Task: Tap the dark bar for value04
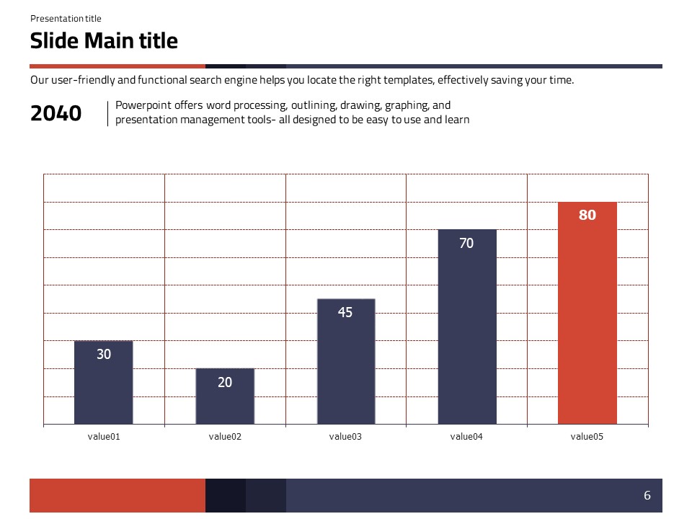tap(467, 339)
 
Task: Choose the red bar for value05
tap(587, 324)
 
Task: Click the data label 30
tap(104, 354)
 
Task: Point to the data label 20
tap(225, 382)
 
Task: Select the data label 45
tap(345, 313)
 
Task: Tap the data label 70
tap(466, 244)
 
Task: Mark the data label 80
tap(587, 215)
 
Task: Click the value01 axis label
tap(104, 436)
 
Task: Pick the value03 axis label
tap(345, 436)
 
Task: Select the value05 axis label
tap(587, 436)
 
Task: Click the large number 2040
tap(56, 113)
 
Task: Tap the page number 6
tap(647, 495)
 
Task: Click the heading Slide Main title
tap(104, 40)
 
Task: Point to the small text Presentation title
tap(66, 19)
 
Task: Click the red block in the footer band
tap(117, 495)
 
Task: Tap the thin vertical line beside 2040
tap(107, 113)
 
